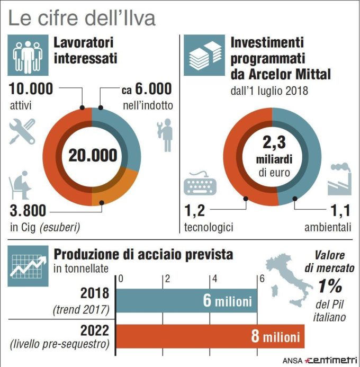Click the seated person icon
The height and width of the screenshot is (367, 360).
click(x=20, y=187)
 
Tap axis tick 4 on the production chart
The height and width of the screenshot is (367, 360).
click(x=213, y=278)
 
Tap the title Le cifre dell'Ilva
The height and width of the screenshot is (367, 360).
click(x=82, y=18)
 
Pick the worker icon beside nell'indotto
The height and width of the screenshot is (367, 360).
click(x=164, y=135)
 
